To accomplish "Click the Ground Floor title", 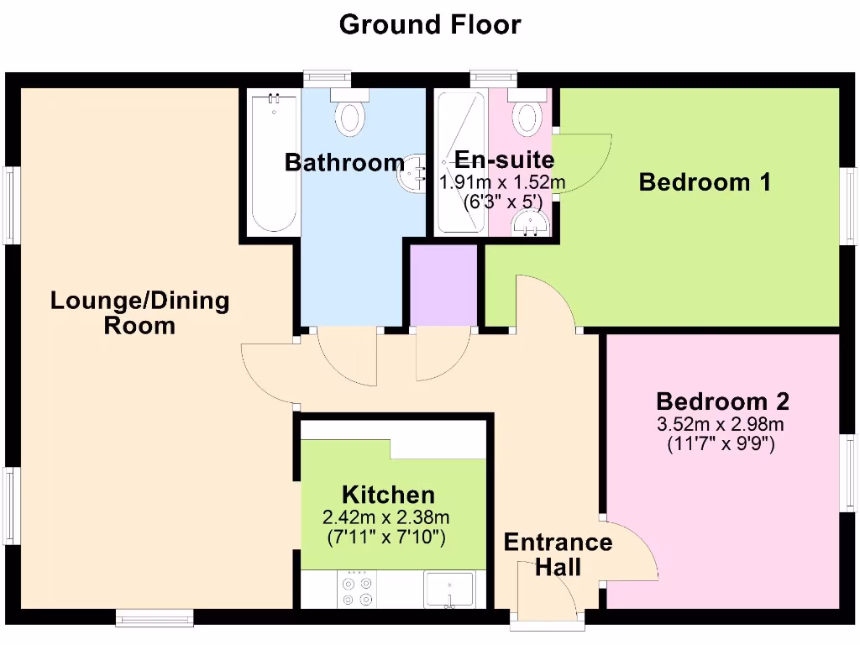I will click(430, 24).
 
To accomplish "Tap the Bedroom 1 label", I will click(705, 181).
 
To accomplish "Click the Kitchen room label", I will click(388, 495).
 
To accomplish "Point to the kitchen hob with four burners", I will click(357, 590).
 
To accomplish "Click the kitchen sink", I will click(450, 589).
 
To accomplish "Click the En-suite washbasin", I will click(531, 223).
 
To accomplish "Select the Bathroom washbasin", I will click(415, 172).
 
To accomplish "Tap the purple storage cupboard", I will click(443, 284).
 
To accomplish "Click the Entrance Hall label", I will click(558, 554).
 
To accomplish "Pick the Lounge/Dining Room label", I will click(139, 312).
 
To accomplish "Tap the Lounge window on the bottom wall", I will click(155, 619).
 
